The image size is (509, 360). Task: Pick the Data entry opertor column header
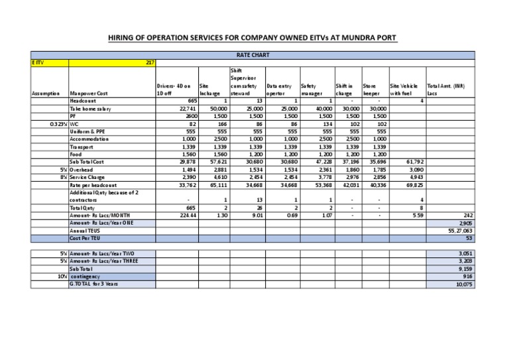click(x=279, y=90)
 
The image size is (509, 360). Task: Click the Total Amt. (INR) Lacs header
click(x=442, y=90)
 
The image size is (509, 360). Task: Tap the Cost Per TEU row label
click(x=87, y=237)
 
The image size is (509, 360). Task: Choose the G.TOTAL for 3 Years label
click(x=97, y=284)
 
